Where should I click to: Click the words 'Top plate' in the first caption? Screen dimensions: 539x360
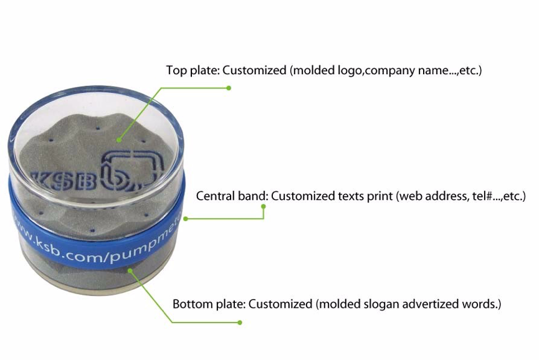point(193,70)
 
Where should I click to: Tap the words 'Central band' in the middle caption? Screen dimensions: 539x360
point(231,196)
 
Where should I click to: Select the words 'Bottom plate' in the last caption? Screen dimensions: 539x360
point(208,305)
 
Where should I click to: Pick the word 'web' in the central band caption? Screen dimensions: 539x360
point(411,196)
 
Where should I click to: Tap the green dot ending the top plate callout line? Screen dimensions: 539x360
point(229,88)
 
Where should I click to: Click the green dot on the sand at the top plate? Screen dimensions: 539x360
point(118,140)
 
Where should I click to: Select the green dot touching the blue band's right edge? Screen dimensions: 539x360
point(186,219)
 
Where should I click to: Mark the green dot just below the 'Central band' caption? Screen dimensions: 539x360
point(264,207)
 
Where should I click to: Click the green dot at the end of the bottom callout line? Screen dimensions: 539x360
point(240,322)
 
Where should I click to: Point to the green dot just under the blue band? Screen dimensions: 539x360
point(130,271)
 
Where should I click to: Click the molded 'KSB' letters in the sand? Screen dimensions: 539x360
point(64,179)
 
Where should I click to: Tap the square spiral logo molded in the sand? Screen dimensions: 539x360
point(132,171)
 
